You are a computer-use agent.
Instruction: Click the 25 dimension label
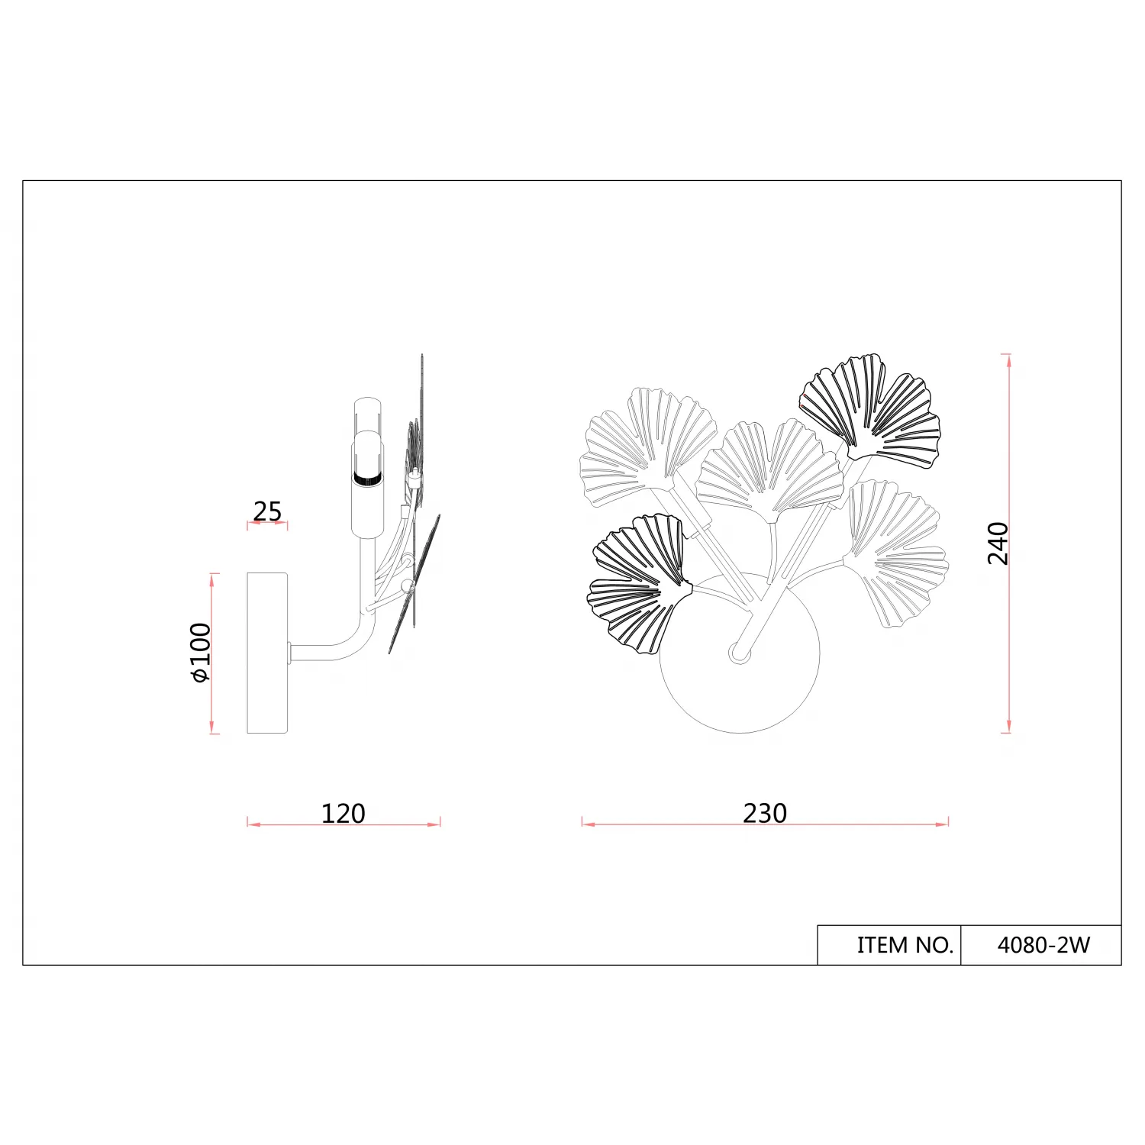[267, 511]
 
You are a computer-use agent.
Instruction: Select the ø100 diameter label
[200, 653]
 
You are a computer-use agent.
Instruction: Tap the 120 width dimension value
[343, 814]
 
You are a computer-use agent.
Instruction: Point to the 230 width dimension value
[765, 813]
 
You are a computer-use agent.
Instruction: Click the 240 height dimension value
[998, 543]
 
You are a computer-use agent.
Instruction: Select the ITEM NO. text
[905, 945]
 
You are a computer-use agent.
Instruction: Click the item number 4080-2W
[1043, 945]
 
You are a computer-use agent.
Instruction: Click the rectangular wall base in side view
[267, 653]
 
